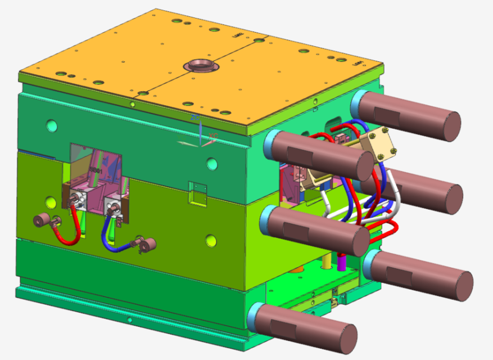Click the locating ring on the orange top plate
pos(201,65)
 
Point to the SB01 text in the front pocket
pos(96,169)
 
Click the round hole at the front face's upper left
pos(52,125)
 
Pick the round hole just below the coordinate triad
pos(211,164)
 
